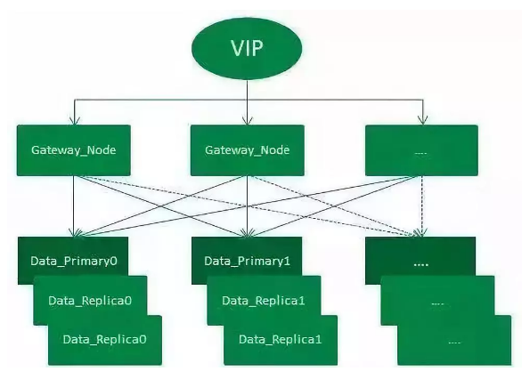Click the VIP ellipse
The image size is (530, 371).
pyautogui.click(x=247, y=49)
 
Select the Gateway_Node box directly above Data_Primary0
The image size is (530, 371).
pyautogui.click(x=74, y=150)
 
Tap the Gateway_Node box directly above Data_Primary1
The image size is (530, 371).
pyautogui.click(x=248, y=150)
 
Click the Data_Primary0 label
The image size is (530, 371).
pyautogui.click(x=74, y=261)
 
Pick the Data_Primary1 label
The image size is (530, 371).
pyautogui.click(x=247, y=261)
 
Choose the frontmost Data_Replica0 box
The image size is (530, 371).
pyautogui.click(x=105, y=340)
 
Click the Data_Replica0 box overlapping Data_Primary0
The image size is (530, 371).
pyautogui.click(x=90, y=301)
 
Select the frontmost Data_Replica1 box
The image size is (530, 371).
pyautogui.click(x=281, y=340)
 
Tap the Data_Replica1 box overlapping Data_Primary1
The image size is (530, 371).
pyautogui.click(x=264, y=301)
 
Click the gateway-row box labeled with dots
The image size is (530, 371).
pyautogui.click(x=421, y=150)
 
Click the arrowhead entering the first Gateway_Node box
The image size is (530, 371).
pyautogui.click(x=74, y=121)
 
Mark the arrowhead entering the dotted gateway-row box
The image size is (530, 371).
pyautogui.click(x=422, y=120)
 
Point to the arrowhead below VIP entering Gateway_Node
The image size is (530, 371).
pyautogui.click(x=248, y=120)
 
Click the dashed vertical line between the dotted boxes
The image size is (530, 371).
pyautogui.click(x=422, y=206)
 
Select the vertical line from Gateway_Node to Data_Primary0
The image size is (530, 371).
pyautogui.click(x=74, y=206)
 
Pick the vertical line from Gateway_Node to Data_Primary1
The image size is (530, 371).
pyautogui.click(x=248, y=206)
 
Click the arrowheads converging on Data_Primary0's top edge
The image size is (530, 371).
pyautogui.click(x=76, y=232)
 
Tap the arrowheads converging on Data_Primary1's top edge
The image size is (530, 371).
pyautogui.click(x=249, y=232)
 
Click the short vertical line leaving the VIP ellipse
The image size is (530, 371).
pyautogui.click(x=247, y=90)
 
